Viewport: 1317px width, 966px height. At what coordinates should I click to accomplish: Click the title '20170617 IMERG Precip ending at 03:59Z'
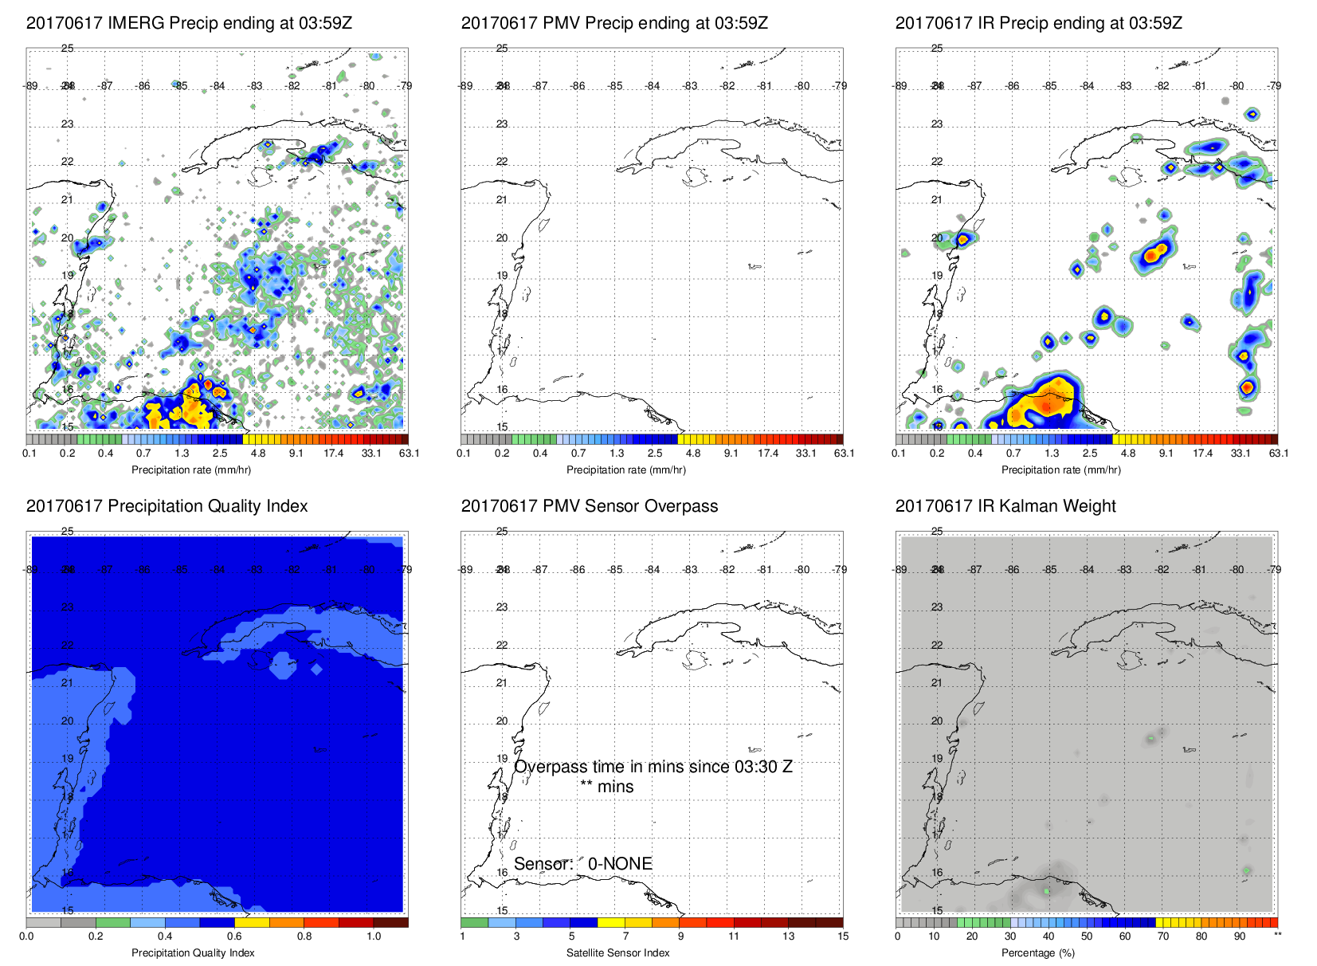pos(189,23)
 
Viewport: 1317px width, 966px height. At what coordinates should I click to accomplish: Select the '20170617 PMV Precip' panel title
pos(614,23)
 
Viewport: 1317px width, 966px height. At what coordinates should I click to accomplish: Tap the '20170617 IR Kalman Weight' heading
pos(1005,506)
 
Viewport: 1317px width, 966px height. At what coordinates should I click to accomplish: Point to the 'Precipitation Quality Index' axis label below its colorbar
pos(193,952)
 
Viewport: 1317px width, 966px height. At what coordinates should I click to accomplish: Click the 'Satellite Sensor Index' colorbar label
pos(617,952)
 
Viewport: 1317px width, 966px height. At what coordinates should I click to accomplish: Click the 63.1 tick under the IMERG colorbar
pos(409,454)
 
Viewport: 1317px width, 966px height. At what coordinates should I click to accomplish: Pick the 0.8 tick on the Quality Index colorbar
pos(304,937)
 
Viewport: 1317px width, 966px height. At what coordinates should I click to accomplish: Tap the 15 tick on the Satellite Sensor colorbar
pos(843,937)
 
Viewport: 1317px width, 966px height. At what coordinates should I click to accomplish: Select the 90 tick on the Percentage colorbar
pos(1239,937)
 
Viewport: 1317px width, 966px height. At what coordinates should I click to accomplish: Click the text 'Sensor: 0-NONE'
pos(583,864)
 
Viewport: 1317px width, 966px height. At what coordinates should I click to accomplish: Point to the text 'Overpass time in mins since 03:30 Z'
pos(653,767)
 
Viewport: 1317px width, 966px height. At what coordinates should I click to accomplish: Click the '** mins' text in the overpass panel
pos(606,787)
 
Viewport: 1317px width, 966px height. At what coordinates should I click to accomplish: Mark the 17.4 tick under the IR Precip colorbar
pos(1202,454)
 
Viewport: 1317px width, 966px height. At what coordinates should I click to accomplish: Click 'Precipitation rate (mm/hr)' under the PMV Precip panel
pos(626,470)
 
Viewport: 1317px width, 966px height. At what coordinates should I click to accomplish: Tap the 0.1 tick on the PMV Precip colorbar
pos(464,454)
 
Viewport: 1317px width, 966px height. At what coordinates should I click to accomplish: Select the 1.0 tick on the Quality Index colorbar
pos(374,937)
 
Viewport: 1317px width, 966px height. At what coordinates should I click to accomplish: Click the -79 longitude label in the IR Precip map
pos(1275,86)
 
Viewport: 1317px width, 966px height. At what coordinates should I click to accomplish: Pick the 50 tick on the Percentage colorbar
pos(1086,937)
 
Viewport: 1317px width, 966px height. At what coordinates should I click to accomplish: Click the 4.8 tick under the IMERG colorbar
pos(258,454)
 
